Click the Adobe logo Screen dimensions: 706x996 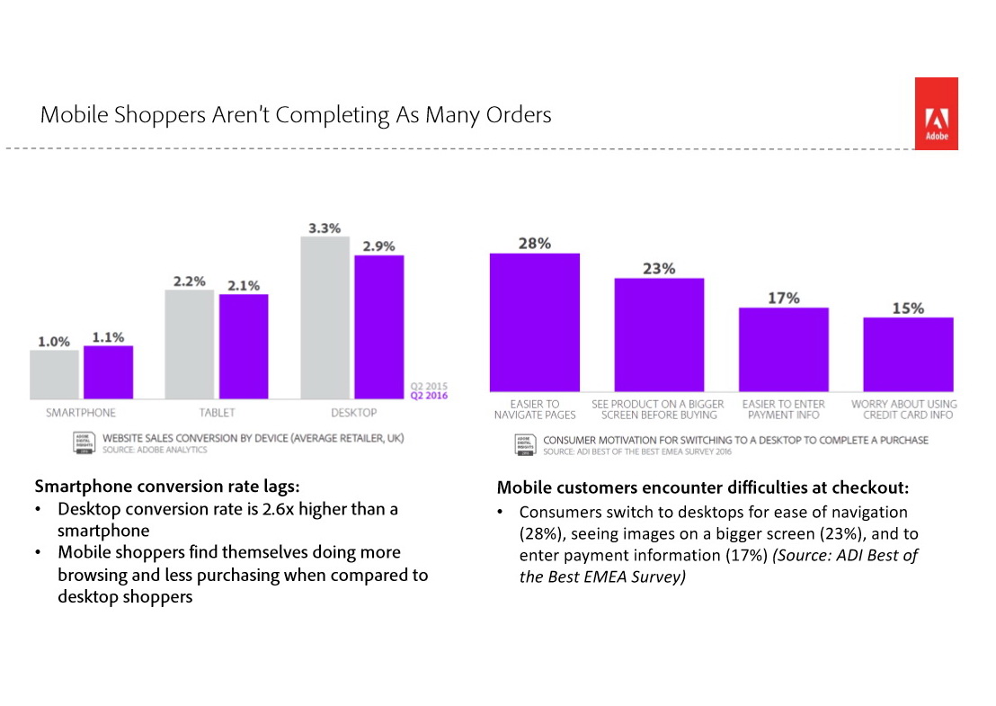coord(936,113)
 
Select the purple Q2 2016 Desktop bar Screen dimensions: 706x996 coord(378,326)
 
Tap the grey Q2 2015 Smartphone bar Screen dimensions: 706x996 coord(54,374)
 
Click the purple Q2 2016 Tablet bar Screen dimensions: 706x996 coord(243,346)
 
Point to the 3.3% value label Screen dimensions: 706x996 coord(325,228)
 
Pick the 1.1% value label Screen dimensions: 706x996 coord(108,337)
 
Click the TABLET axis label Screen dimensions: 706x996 coord(216,413)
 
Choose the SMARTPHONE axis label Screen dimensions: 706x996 coord(81,413)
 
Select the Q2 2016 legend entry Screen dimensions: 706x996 coord(429,396)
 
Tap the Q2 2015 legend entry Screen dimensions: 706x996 coord(429,388)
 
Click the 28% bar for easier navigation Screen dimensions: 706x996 coord(534,321)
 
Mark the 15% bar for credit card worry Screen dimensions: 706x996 coord(908,353)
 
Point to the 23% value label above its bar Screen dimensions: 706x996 coord(659,268)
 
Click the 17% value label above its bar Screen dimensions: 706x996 coord(783,298)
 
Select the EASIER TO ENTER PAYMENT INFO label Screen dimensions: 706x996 coord(783,409)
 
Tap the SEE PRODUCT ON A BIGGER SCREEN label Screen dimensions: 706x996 coord(658,409)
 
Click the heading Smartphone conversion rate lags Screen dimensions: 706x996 coord(167,487)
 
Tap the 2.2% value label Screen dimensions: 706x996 coord(189,282)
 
